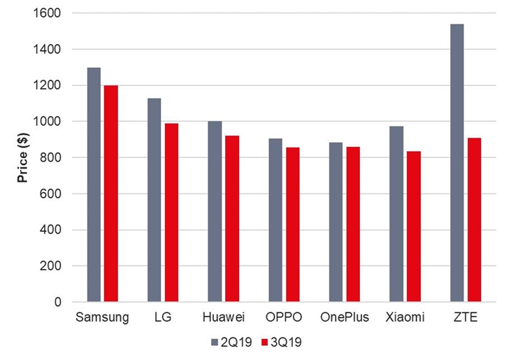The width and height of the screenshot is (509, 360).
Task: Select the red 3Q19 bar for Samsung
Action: click(110, 194)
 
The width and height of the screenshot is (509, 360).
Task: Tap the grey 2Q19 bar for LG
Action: click(154, 200)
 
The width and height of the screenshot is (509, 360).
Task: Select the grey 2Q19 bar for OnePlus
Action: click(336, 222)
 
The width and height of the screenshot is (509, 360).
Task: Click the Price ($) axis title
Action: click(23, 157)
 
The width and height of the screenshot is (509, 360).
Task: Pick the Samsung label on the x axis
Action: click(102, 317)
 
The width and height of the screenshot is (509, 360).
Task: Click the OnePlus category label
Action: click(344, 317)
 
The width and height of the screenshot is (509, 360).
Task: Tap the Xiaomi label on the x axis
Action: click(405, 317)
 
